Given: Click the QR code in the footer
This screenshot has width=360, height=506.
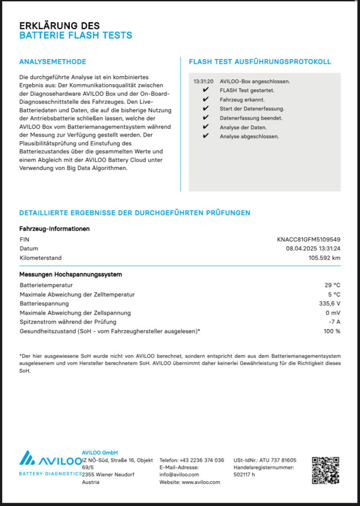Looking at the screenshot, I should [x=325, y=470].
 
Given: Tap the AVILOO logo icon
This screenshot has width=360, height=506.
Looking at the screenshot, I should [x=28, y=458].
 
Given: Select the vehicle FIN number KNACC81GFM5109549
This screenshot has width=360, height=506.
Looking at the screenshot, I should [x=309, y=240].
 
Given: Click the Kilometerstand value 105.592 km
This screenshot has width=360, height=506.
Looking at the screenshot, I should [x=324, y=258].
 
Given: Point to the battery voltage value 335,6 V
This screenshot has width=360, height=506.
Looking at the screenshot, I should [x=330, y=304].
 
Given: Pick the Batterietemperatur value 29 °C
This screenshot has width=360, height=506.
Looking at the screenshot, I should [x=332, y=285].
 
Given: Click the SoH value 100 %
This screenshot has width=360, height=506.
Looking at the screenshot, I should [x=332, y=331].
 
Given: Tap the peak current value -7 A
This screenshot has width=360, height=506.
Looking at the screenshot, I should [x=334, y=322].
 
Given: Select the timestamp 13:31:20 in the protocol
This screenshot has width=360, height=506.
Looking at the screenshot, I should [x=203, y=81].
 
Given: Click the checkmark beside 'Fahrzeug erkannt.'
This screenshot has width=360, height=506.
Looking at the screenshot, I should [x=205, y=100].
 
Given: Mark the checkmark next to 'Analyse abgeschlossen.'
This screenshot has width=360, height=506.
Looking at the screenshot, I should [x=205, y=136].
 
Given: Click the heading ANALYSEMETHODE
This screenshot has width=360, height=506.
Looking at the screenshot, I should [x=53, y=62].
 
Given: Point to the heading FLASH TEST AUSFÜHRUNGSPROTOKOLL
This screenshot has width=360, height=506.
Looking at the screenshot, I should [x=260, y=62].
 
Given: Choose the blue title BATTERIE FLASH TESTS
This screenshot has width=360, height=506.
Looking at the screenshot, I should [x=76, y=35].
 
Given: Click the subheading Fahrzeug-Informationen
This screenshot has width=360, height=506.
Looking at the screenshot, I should [x=54, y=229].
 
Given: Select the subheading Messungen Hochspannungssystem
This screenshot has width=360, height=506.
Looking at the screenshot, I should [x=70, y=275].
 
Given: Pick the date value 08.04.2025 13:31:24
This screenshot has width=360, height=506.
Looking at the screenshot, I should [x=313, y=249].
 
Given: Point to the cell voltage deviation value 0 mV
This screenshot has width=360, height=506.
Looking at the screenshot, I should [x=333, y=313].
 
